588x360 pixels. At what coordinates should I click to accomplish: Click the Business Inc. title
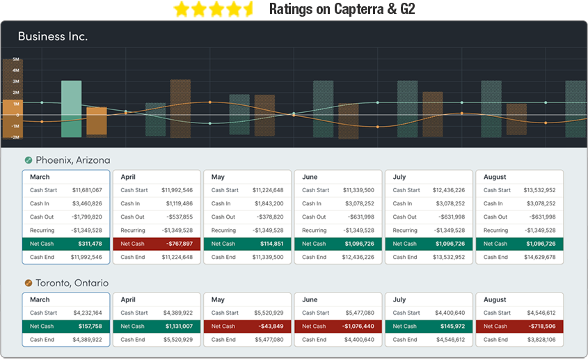(53, 36)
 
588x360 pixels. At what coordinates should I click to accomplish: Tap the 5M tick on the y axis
(15, 60)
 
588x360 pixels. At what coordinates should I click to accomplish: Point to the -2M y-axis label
(15, 137)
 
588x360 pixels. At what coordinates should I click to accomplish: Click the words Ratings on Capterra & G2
(342, 9)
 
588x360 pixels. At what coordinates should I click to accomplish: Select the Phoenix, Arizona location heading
(72, 160)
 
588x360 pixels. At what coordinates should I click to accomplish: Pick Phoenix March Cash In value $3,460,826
(87, 203)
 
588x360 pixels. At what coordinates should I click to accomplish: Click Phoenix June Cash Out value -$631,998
(360, 217)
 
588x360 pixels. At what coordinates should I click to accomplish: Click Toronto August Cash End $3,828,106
(540, 340)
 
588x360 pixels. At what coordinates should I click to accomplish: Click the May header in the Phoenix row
(218, 177)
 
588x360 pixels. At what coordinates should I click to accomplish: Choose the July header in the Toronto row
(399, 300)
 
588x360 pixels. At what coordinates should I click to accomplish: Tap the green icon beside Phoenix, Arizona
(29, 160)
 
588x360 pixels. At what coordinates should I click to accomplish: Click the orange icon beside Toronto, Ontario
(29, 283)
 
